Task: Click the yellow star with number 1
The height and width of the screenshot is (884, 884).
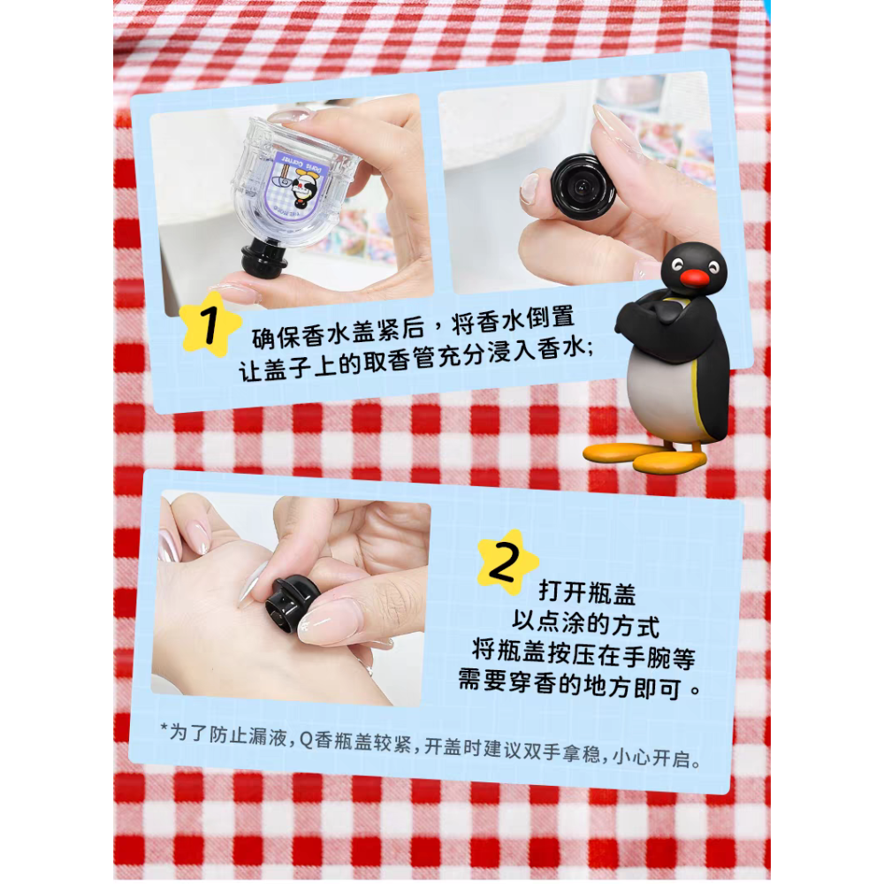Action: point(210,324)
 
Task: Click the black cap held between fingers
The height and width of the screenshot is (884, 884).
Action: point(583,185)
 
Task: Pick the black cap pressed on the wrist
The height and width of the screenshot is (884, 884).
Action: point(291,602)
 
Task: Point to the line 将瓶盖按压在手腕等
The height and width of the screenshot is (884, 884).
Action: point(583,655)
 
